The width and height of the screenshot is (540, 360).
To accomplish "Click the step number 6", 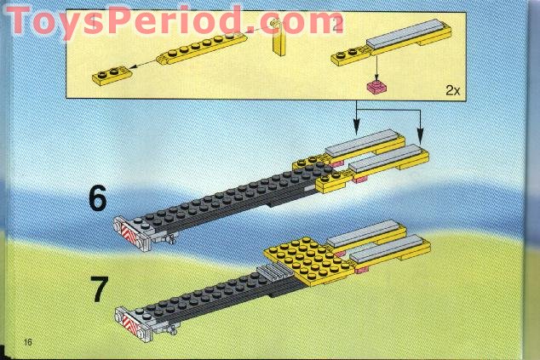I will click(98, 199).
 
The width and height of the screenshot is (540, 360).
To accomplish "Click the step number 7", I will click(99, 289).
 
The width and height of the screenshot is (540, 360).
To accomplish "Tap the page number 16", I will click(29, 342).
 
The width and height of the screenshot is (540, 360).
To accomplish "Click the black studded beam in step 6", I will click(221, 197).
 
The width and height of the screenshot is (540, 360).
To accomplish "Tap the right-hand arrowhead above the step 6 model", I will click(419, 134).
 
